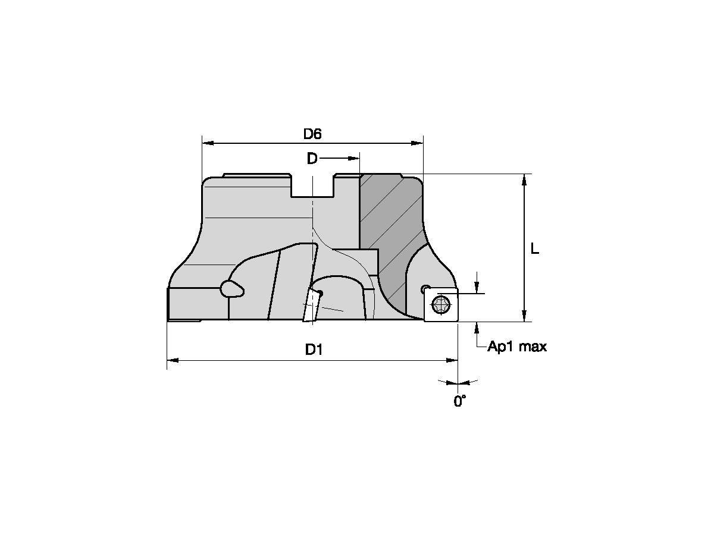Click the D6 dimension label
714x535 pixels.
coord(312,134)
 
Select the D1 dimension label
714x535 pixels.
coord(314,350)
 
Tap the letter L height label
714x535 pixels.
coord(534,250)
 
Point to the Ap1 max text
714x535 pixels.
coord(516,347)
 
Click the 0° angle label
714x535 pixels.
coord(459,402)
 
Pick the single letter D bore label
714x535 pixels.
coord(312,159)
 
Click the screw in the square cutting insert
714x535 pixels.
coord(441,305)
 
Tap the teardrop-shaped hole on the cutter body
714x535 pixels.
coord(231,289)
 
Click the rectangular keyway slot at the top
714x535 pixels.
coord(312,187)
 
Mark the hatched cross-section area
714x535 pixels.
coord(390,226)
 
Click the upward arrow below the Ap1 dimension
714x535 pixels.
coord(477,328)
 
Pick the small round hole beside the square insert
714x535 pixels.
coord(424,289)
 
